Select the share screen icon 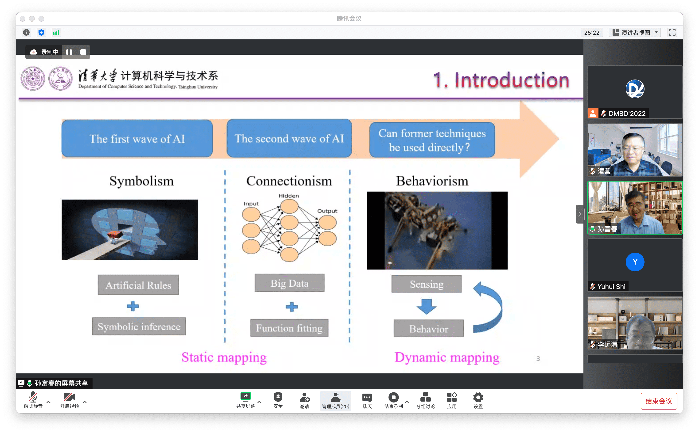[x=245, y=396]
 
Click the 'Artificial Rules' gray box [x=138, y=285]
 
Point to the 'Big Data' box [x=290, y=283]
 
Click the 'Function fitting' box [x=289, y=328]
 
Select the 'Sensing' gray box [x=427, y=284]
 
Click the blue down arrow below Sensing [x=427, y=306]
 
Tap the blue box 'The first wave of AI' [x=137, y=138]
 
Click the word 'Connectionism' [x=289, y=181]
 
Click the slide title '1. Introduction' [x=501, y=80]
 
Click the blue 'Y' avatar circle [x=635, y=262]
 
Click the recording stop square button [x=83, y=52]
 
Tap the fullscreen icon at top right [x=672, y=32]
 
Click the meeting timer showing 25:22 [x=592, y=33]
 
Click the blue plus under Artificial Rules [x=133, y=306]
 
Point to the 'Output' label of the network [x=327, y=211]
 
